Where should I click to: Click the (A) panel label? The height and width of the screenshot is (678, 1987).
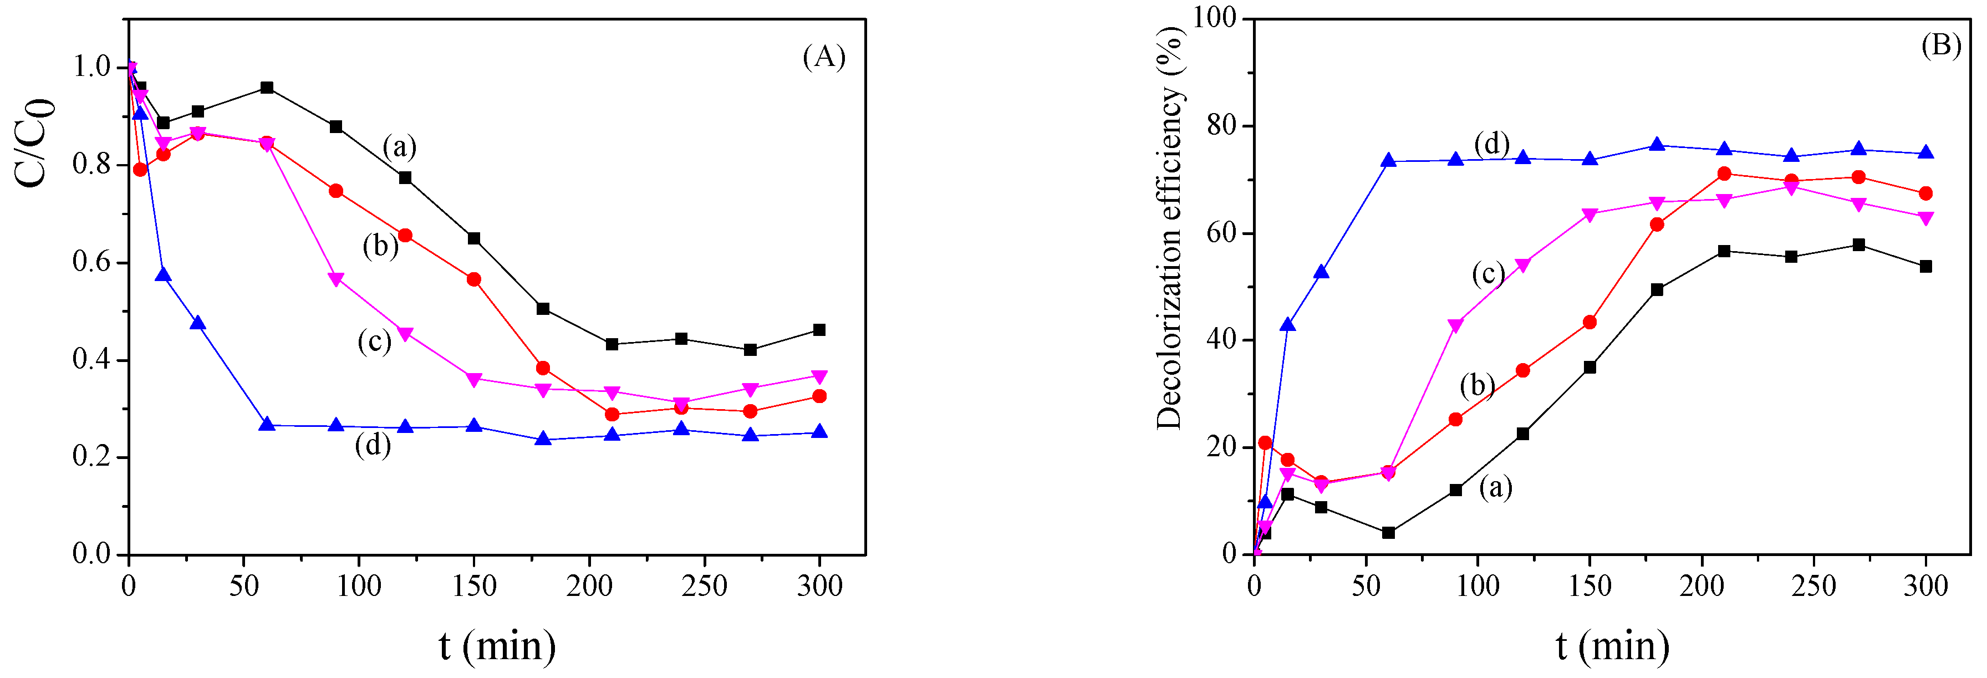point(823,57)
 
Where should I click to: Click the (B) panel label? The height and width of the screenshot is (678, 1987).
point(1941,46)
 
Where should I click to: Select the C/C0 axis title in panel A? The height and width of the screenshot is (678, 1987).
point(35,142)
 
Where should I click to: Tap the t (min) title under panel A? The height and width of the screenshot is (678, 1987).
point(497,646)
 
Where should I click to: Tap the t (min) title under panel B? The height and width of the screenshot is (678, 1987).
point(1612,646)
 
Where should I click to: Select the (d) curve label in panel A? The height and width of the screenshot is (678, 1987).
point(373,445)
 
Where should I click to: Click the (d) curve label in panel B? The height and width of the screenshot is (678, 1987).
point(1491,144)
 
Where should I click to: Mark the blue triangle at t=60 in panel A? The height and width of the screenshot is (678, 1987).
point(267,424)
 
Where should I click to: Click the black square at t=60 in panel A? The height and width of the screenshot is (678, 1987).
point(267,88)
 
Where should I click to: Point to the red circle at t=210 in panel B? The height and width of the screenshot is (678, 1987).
point(1724,174)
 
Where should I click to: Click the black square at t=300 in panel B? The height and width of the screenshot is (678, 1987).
point(1925,266)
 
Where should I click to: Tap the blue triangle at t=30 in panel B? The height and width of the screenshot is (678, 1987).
point(1321,272)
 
